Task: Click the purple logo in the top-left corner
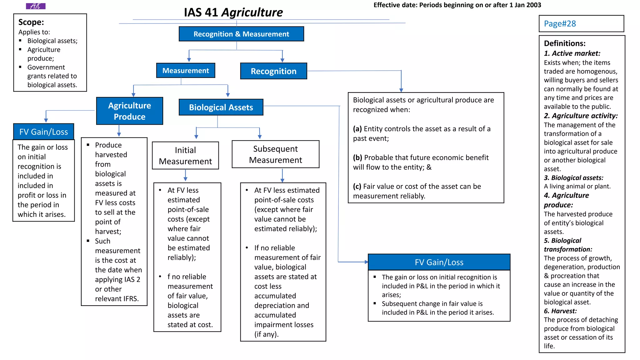pos(36,6)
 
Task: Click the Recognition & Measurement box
pos(241,34)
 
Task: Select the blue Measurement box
pos(186,71)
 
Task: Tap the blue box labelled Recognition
pos(273,71)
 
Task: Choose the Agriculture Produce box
pos(129,111)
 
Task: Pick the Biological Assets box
pos(221,107)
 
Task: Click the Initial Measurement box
pos(185,156)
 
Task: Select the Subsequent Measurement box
pos(275,154)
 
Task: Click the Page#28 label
pos(560,24)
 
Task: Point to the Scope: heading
pos(31,22)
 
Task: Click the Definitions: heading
pos(564,43)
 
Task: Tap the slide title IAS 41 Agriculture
pos(233,12)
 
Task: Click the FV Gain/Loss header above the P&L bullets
pos(439,262)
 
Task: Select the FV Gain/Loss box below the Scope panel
pos(43,132)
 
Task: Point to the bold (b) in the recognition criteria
pos(357,157)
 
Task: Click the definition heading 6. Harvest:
pos(560,311)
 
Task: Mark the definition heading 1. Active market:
pos(572,53)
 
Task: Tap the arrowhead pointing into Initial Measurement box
pos(196,137)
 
